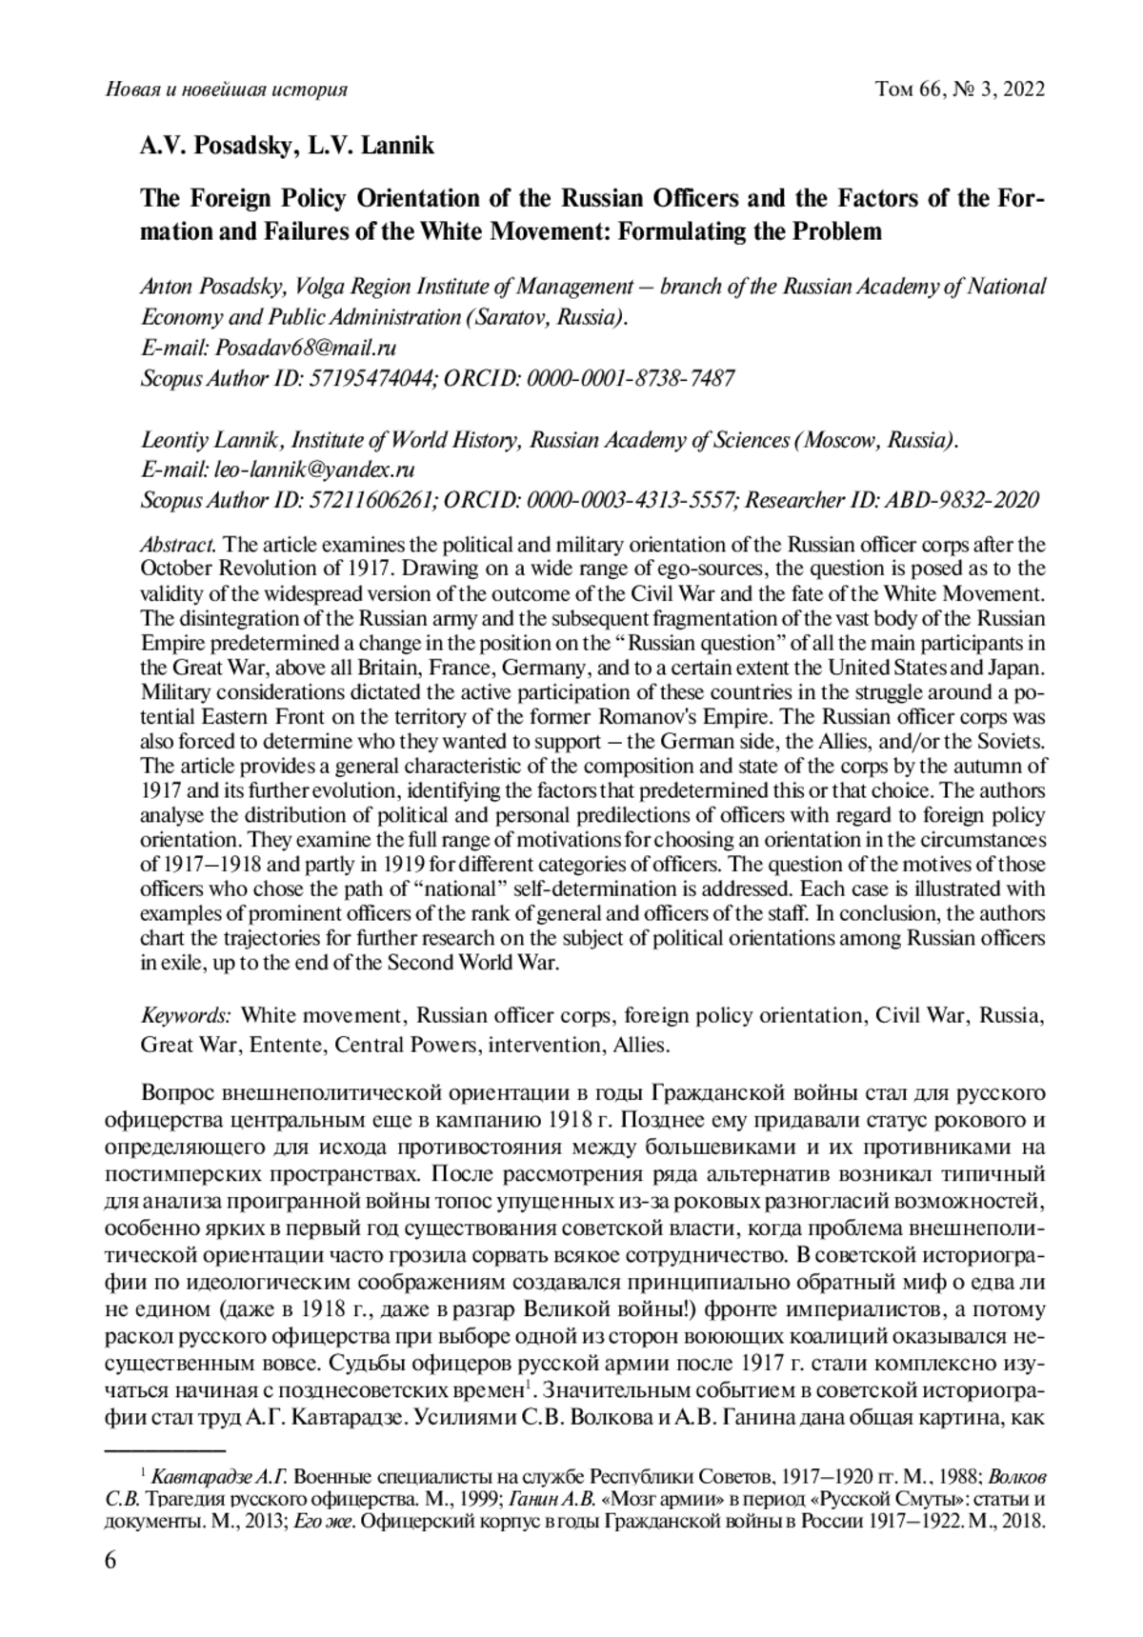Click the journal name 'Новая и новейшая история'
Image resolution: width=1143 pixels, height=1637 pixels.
point(225,90)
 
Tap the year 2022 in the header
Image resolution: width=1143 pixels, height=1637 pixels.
point(1021,90)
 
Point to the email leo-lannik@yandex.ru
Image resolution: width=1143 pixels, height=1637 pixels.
point(314,469)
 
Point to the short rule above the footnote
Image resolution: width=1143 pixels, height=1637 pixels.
point(164,1450)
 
